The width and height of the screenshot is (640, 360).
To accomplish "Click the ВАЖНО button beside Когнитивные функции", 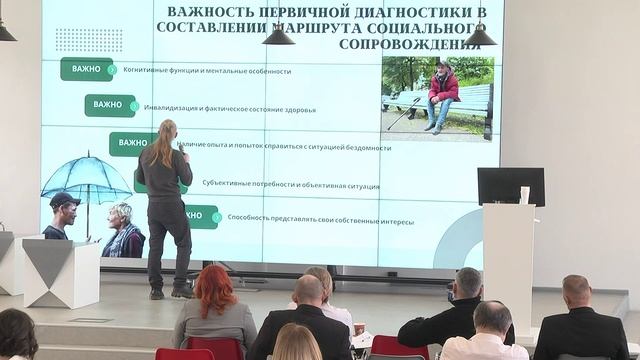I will click(86, 70).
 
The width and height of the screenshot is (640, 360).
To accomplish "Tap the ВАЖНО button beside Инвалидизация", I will click(109, 105).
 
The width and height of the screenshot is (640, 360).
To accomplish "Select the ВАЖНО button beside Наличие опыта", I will click(131, 143).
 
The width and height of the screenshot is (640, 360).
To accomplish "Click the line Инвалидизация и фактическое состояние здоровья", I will click(230, 108).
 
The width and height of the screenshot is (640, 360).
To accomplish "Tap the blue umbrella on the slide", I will click(87, 175).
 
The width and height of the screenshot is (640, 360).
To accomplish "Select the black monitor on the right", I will click(510, 185).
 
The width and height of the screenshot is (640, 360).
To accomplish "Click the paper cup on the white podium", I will click(524, 194).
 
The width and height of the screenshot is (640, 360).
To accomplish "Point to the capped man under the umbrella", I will click(63, 215).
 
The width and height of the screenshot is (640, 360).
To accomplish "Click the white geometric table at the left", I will click(62, 272).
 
